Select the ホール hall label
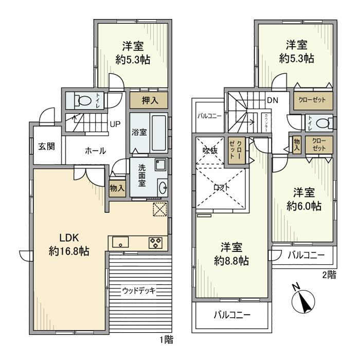click(x=95, y=151)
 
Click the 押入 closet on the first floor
click(x=148, y=100)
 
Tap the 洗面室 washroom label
click(x=141, y=176)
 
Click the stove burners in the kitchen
click(x=156, y=242)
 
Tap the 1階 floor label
click(x=166, y=340)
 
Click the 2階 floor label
click(x=329, y=275)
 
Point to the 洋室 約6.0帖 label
click(x=304, y=199)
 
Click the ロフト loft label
click(x=222, y=188)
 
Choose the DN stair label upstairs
click(x=273, y=101)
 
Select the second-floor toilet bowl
click(x=324, y=122)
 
